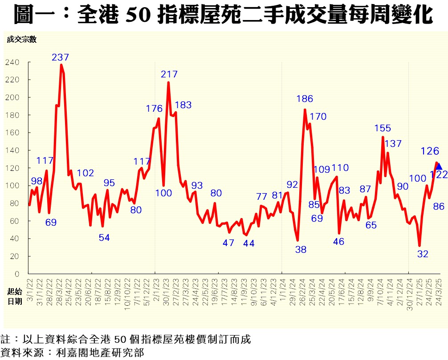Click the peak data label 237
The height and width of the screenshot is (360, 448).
(61, 57)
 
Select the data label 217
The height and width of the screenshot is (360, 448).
(169, 74)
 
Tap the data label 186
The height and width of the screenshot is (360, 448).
(305, 99)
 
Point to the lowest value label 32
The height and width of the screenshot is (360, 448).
(423, 254)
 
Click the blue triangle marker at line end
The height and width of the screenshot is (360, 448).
(439, 166)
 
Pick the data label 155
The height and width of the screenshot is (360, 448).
(382, 128)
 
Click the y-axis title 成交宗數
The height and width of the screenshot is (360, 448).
(21, 39)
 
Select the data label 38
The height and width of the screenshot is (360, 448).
(301, 250)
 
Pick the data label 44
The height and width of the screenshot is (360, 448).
(248, 243)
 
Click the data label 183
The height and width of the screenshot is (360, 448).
(183, 105)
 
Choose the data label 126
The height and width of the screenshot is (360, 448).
(430, 151)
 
